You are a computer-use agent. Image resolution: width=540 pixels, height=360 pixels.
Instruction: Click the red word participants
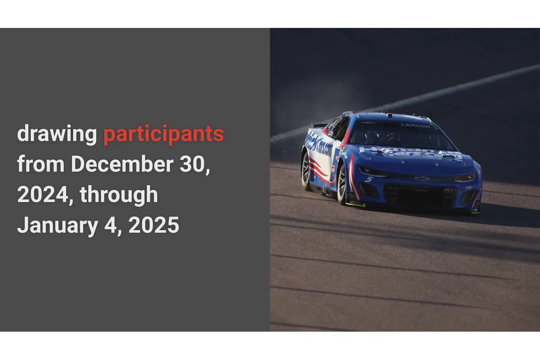pos(163,135)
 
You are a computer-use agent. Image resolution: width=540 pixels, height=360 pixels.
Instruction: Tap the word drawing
pos(57,135)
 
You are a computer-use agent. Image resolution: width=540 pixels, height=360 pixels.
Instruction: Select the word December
pos(122,164)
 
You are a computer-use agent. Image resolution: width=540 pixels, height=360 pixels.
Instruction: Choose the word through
pos(119,194)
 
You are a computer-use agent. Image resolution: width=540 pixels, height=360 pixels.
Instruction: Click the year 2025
pos(153,225)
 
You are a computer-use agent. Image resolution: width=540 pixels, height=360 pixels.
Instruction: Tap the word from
pos(40,164)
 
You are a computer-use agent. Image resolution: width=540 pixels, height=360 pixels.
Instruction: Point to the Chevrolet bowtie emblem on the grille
pos(421,179)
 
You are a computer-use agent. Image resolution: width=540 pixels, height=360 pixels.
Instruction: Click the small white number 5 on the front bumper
pos(369,179)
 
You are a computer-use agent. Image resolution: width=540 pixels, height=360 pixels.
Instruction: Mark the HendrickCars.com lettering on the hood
pos(409,153)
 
